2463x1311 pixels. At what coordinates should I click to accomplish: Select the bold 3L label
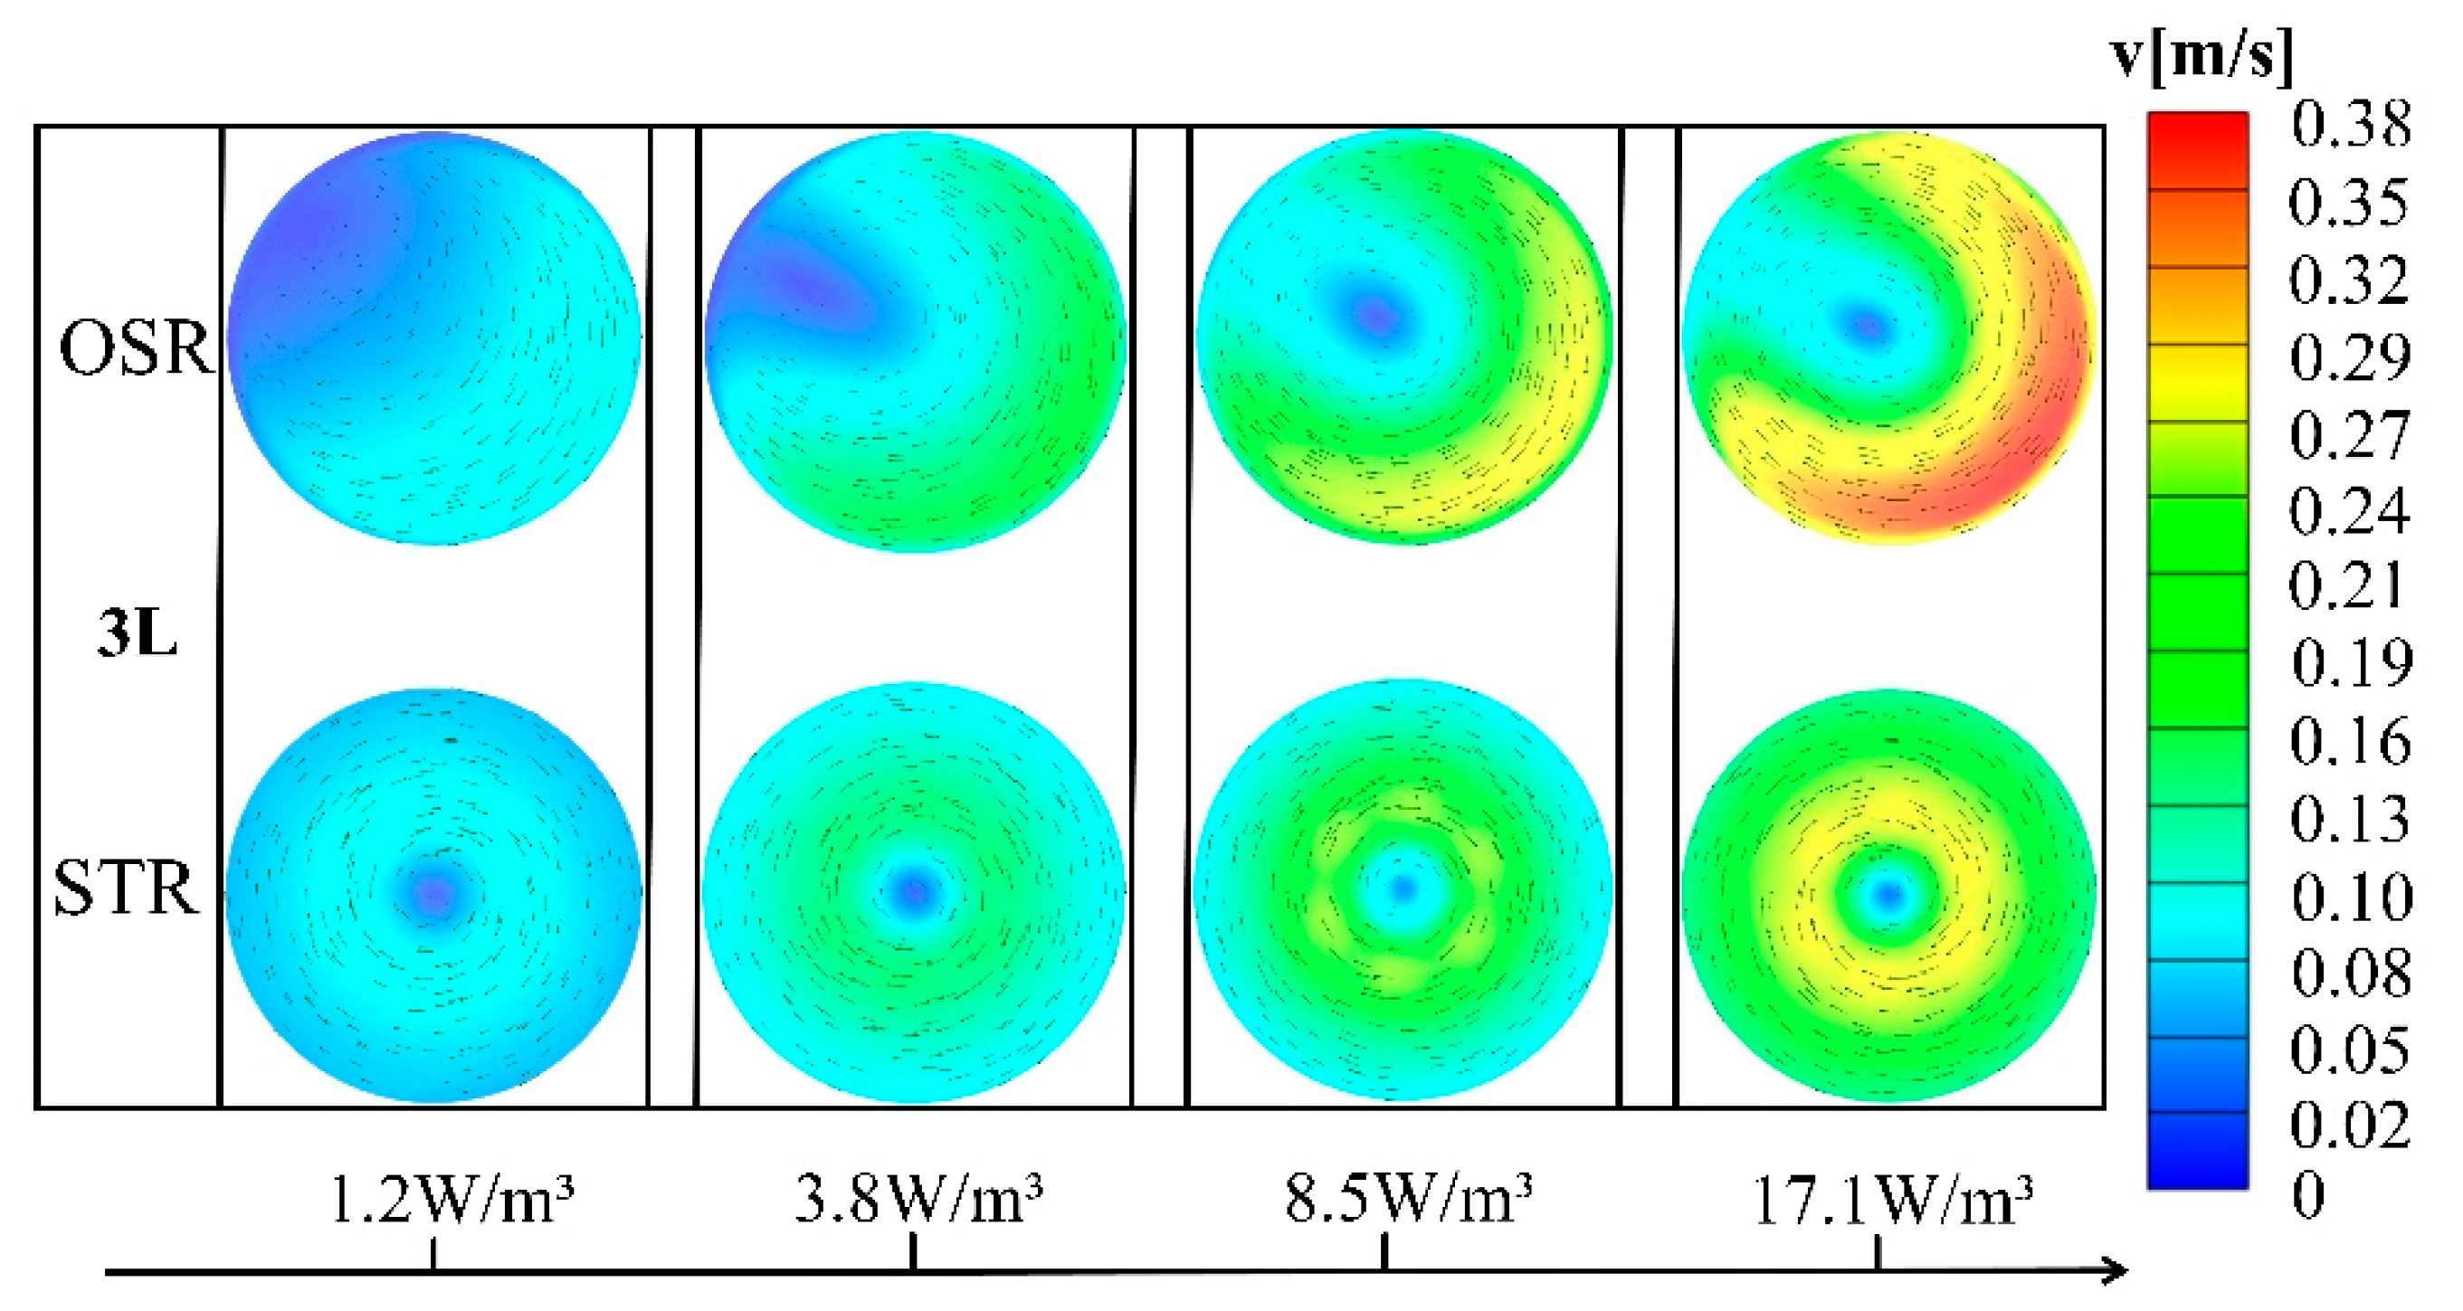(137, 633)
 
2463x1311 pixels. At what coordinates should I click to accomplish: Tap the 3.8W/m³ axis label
(918, 1200)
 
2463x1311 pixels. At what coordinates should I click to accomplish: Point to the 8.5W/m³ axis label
(1407, 1200)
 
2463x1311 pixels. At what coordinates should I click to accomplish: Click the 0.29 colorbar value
(2350, 357)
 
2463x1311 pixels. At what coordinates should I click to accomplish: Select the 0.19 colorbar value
(2352, 662)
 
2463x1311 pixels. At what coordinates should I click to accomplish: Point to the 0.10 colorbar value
(2352, 897)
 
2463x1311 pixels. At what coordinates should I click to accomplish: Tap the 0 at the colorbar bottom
(2309, 1195)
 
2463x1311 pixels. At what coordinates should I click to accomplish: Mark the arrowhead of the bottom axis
(2115, 1271)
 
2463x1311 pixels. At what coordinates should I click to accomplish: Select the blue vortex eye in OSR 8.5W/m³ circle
(1377, 315)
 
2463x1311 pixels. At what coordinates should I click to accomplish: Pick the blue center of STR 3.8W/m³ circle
(915, 891)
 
